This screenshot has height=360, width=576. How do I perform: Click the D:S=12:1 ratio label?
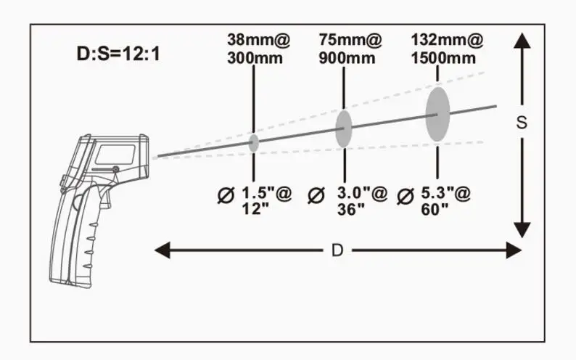pyautogui.click(x=118, y=54)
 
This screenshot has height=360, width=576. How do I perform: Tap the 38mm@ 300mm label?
pyautogui.click(x=258, y=49)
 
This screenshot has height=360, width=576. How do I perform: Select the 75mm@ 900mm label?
pyautogui.click(x=350, y=49)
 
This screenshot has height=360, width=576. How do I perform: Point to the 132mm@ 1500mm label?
pyautogui.click(x=447, y=49)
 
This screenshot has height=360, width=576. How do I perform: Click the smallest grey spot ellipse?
pyautogui.click(x=253, y=143)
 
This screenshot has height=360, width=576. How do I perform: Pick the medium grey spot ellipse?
pyautogui.click(x=344, y=128)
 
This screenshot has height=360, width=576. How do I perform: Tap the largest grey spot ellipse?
pyautogui.click(x=437, y=114)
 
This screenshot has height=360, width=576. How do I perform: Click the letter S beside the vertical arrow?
pyautogui.click(x=522, y=123)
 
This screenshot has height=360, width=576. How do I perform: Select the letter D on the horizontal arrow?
pyautogui.click(x=337, y=250)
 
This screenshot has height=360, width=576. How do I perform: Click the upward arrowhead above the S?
pyautogui.click(x=522, y=41)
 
